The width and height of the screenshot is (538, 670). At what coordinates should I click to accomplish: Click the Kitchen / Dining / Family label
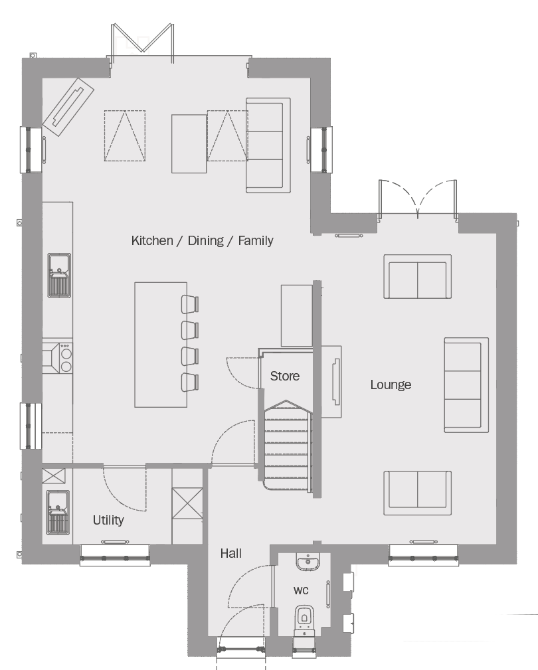pyautogui.click(x=202, y=240)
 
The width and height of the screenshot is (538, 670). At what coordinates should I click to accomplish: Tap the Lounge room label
pyautogui.click(x=391, y=384)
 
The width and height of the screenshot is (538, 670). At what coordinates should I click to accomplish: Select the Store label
pyautogui.click(x=284, y=376)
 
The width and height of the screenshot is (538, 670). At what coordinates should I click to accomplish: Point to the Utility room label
pyautogui.click(x=108, y=520)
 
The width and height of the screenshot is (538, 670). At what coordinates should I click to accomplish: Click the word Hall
pyautogui.click(x=230, y=553)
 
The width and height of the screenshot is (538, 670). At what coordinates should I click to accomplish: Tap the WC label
pyautogui.click(x=301, y=590)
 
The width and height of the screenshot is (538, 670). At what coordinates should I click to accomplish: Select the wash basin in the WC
pyautogui.click(x=308, y=562)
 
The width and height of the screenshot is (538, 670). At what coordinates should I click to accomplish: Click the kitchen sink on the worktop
pyautogui.click(x=59, y=275)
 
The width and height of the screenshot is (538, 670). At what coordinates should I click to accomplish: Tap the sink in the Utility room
pyautogui.click(x=58, y=512)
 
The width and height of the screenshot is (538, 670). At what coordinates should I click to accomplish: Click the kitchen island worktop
pyautogui.click(x=161, y=345)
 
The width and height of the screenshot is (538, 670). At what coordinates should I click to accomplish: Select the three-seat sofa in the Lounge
pyautogui.click(x=466, y=385)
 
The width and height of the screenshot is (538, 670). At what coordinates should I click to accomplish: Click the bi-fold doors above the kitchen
pyautogui.click(x=142, y=42)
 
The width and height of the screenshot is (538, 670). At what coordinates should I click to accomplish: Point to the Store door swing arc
pyautogui.click(x=242, y=373)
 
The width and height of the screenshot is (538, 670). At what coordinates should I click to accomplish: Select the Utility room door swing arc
pyautogui.click(x=124, y=489)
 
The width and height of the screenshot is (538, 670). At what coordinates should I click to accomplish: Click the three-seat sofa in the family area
pyautogui.click(x=268, y=145)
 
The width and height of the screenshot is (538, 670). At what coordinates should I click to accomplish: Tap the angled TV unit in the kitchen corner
pyautogui.click(x=68, y=107)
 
